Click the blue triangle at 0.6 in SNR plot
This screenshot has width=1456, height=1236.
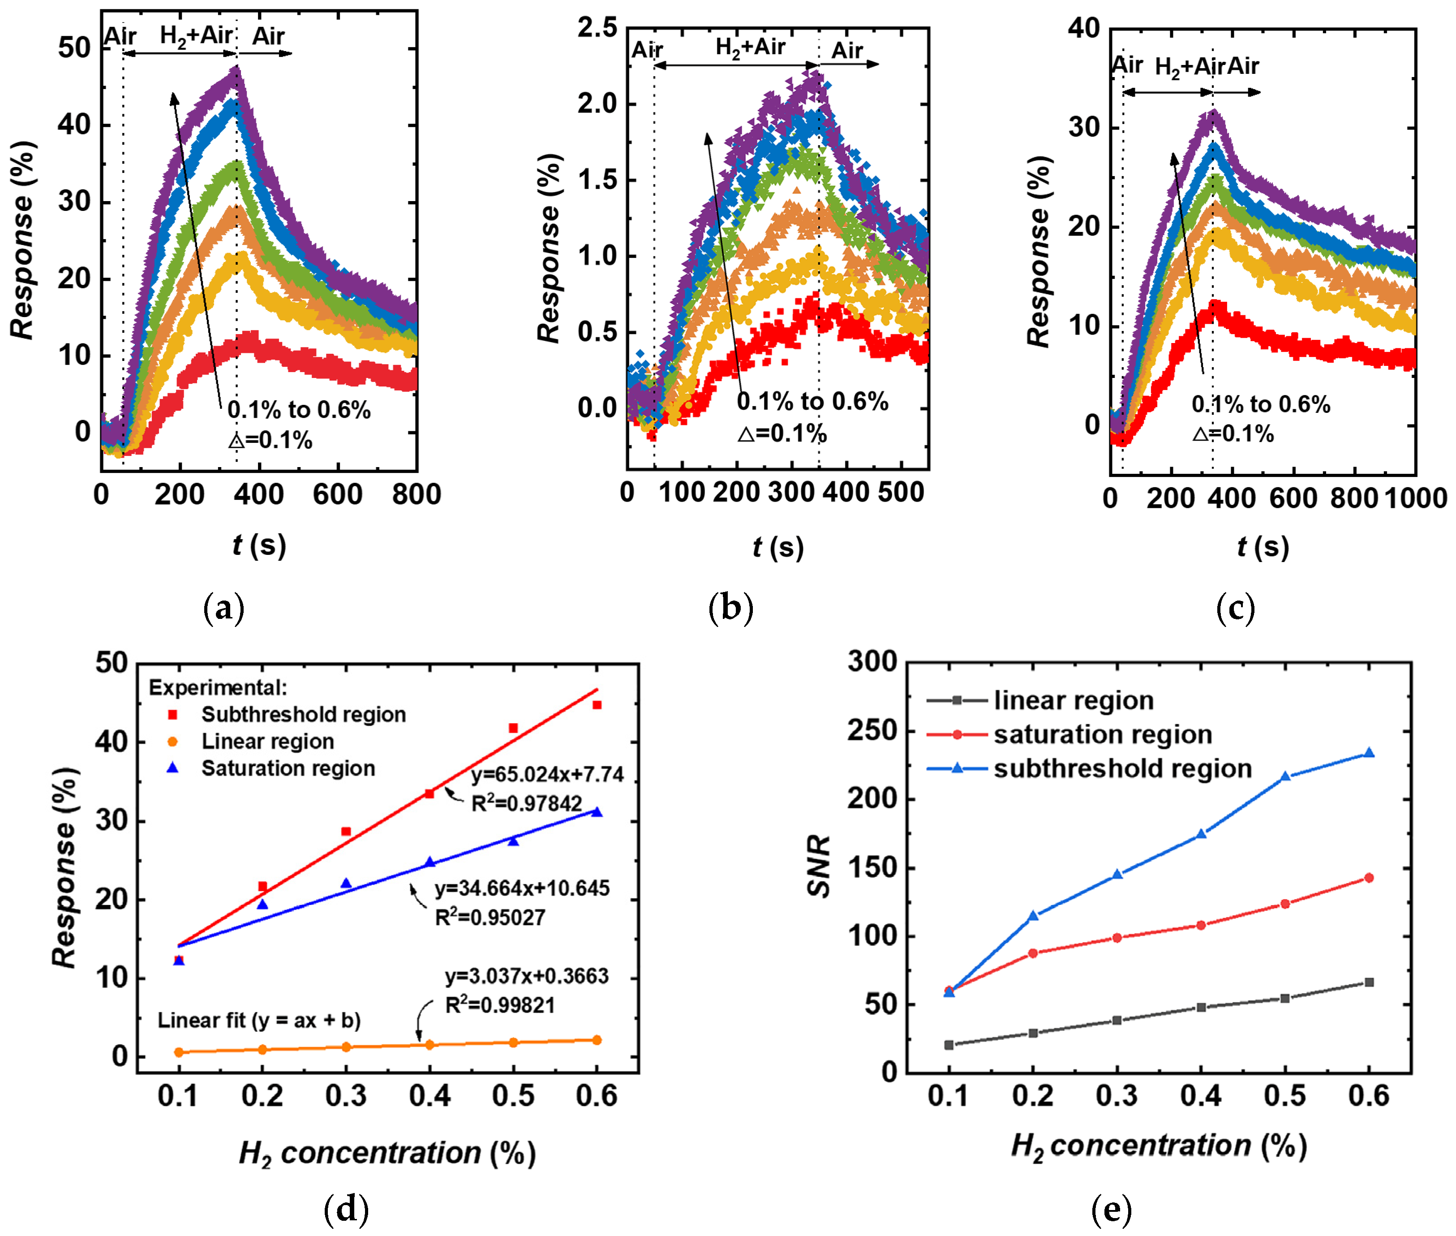pyautogui.click(x=1368, y=753)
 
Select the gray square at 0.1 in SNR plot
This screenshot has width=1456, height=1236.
pyautogui.click(x=949, y=1045)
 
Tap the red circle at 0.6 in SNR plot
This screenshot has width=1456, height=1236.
pyautogui.click(x=1368, y=878)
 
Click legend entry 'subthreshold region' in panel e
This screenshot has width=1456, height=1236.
pyautogui.click(x=1122, y=768)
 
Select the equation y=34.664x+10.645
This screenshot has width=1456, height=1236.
pyautogui.click(x=522, y=888)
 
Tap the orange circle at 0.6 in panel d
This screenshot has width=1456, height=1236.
pyautogui.click(x=597, y=1040)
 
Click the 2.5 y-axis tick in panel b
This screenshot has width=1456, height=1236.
pyautogui.click(x=597, y=28)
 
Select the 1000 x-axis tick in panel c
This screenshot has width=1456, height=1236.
pyautogui.click(x=1415, y=498)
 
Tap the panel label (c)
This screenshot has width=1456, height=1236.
pyautogui.click(x=1235, y=608)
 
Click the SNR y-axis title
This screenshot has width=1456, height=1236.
pyautogui.click(x=818, y=866)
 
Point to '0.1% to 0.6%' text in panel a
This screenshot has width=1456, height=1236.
pyautogui.click(x=299, y=410)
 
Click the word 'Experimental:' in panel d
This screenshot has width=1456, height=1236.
pyautogui.click(x=218, y=688)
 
